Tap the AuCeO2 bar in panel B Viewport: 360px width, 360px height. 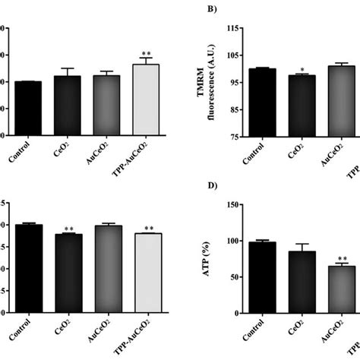[x=339, y=101]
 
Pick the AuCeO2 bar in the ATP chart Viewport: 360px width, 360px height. [x=339, y=289]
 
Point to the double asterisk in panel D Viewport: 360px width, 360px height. [x=339, y=258]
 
